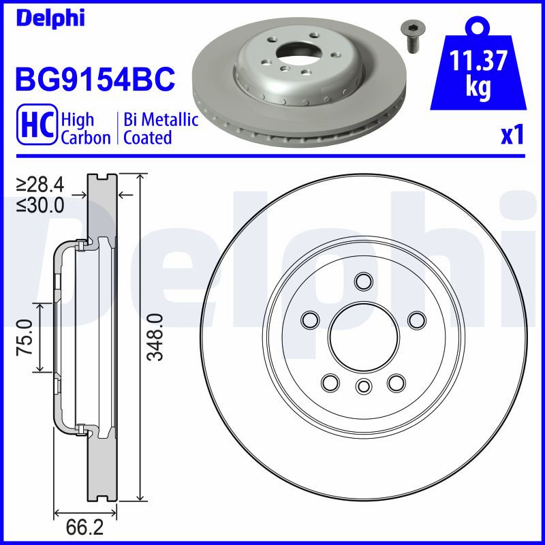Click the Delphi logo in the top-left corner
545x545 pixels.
tap(50, 18)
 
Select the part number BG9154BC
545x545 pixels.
tap(95, 79)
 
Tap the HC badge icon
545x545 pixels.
tap(37, 124)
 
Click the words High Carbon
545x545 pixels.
tap(86, 128)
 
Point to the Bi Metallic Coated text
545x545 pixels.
tap(161, 128)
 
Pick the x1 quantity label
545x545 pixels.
tap(512, 136)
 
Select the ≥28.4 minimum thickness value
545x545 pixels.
tap(40, 185)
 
